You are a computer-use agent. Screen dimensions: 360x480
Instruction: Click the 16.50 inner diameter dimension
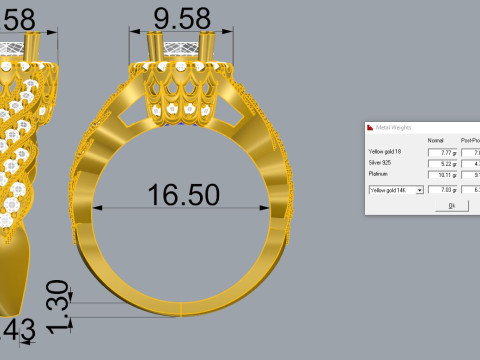(x=183, y=193)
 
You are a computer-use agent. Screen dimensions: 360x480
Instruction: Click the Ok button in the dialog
(x=451, y=205)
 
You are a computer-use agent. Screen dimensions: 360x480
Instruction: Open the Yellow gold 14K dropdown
(x=420, y=188)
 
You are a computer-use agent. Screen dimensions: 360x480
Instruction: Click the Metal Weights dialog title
(x=396, y=128)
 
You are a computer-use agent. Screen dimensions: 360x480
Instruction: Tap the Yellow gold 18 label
(x=386, y=151)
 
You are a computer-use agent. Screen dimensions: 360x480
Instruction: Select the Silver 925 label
(x=383, y=162)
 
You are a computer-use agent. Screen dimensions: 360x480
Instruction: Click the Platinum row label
(x=379, y=173)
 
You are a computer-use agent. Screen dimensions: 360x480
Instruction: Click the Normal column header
(x=435, y=140)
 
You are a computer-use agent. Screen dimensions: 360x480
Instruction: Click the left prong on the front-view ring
(x=156, y=48)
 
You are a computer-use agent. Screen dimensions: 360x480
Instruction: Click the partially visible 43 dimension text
(x=20, y=329)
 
